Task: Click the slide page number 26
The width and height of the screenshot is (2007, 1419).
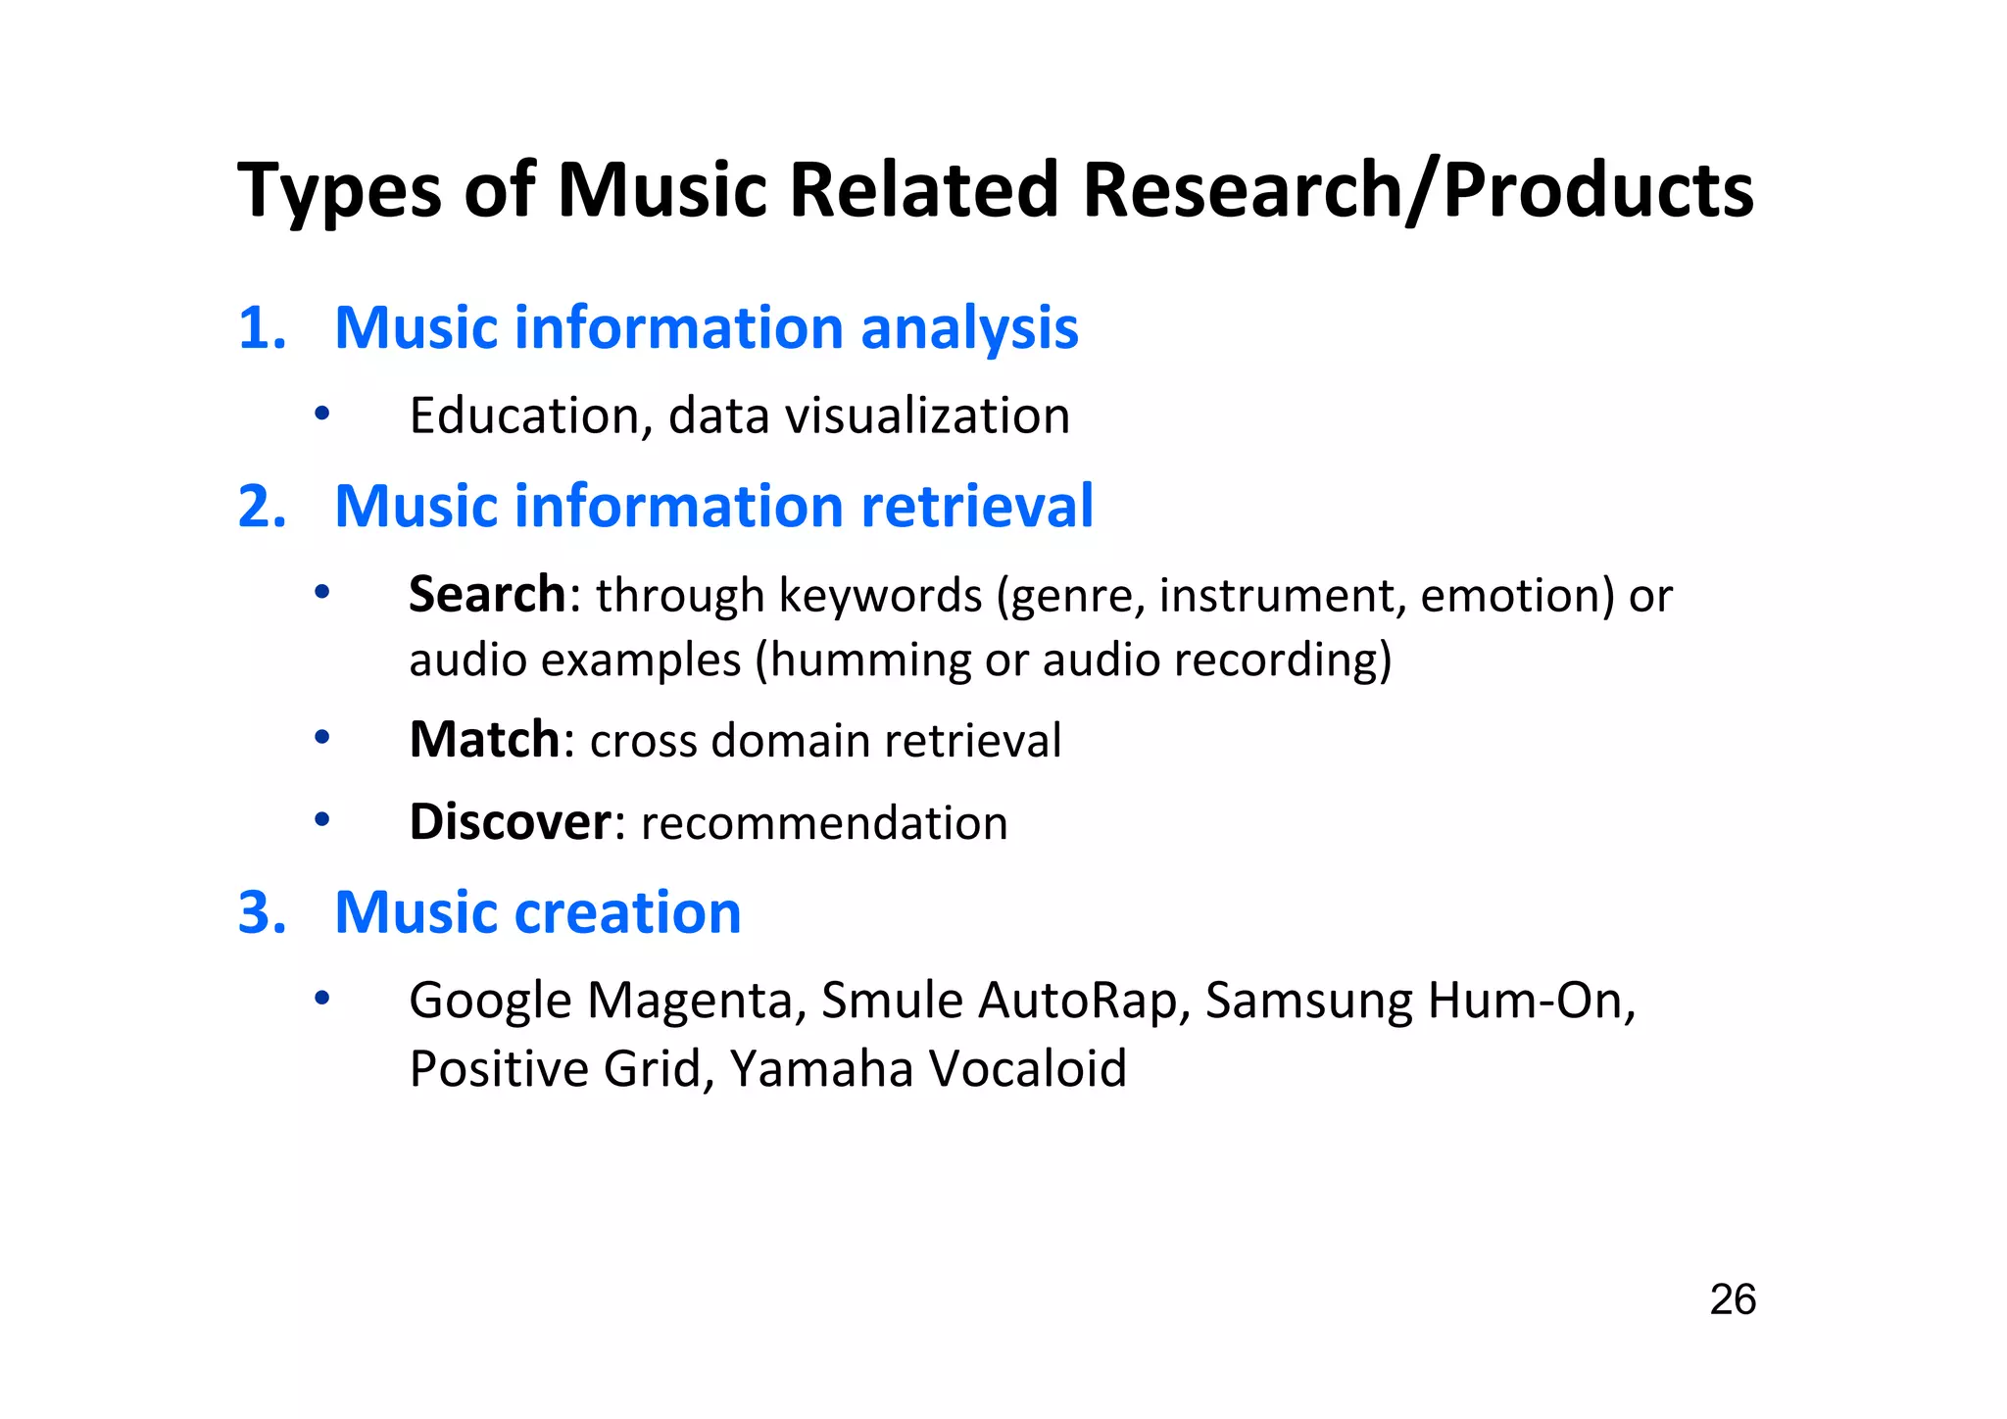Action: tap(1732, 1299)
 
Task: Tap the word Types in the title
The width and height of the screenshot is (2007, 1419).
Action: tap(339, 191)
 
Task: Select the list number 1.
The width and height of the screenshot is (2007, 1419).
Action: tap(262, 327)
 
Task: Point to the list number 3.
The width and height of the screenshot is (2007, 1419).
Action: tap(262, 912)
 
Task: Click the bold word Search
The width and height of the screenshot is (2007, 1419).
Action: tap(487, 595)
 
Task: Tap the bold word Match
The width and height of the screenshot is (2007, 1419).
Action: tap(484, 740)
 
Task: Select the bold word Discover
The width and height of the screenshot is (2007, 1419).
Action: tap(510, 822)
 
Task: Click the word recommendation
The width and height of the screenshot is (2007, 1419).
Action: tap(823, 823)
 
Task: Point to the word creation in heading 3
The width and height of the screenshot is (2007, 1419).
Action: tap(627, 912)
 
